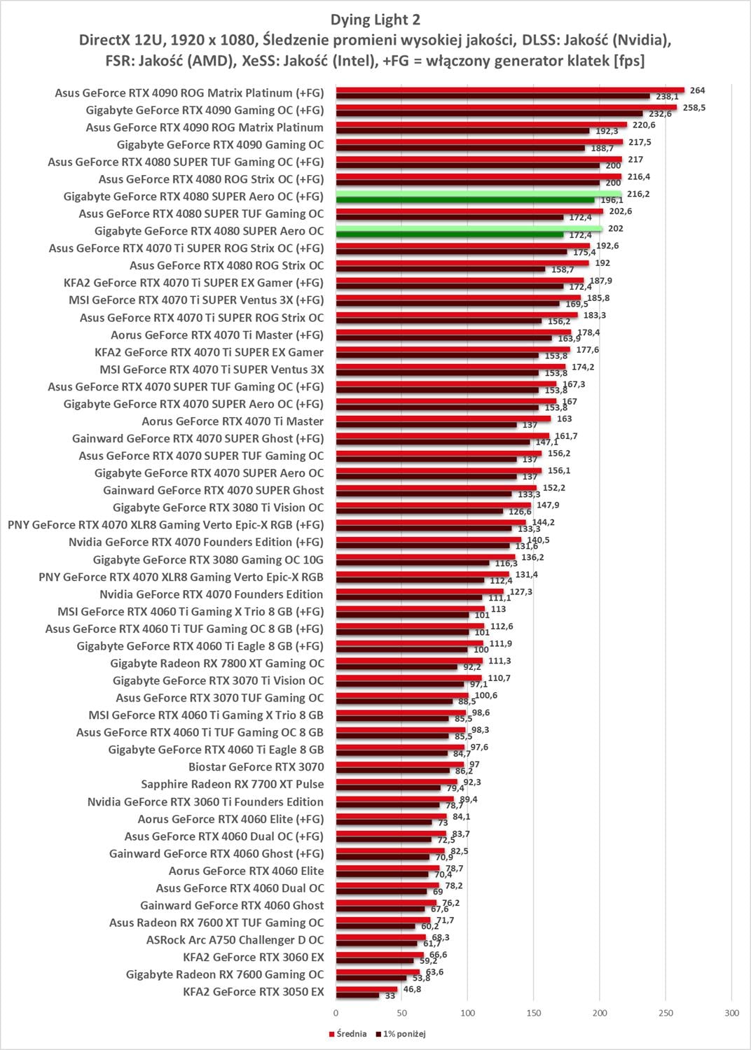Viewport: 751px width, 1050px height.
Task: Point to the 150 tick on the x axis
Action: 534,1014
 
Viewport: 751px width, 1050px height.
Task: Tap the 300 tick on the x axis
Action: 731,1014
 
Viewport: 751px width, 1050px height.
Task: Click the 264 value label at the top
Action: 697,90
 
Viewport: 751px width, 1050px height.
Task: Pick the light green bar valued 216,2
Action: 478,194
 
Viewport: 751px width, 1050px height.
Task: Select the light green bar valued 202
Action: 469,228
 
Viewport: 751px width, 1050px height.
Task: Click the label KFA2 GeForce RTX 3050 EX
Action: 253,991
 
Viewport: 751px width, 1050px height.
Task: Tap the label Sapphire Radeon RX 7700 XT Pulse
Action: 232,784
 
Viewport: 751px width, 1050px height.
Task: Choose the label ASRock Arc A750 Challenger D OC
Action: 235,939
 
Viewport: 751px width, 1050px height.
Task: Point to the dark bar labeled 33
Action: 357,995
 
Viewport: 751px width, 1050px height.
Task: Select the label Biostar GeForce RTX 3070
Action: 256,766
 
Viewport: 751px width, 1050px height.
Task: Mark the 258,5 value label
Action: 695,108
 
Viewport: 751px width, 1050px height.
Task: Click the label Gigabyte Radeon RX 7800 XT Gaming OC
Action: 218,663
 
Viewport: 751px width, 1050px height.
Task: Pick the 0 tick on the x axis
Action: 336,1014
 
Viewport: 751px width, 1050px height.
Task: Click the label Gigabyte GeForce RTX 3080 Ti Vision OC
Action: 218,507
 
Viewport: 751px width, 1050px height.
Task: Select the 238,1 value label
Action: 666,97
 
